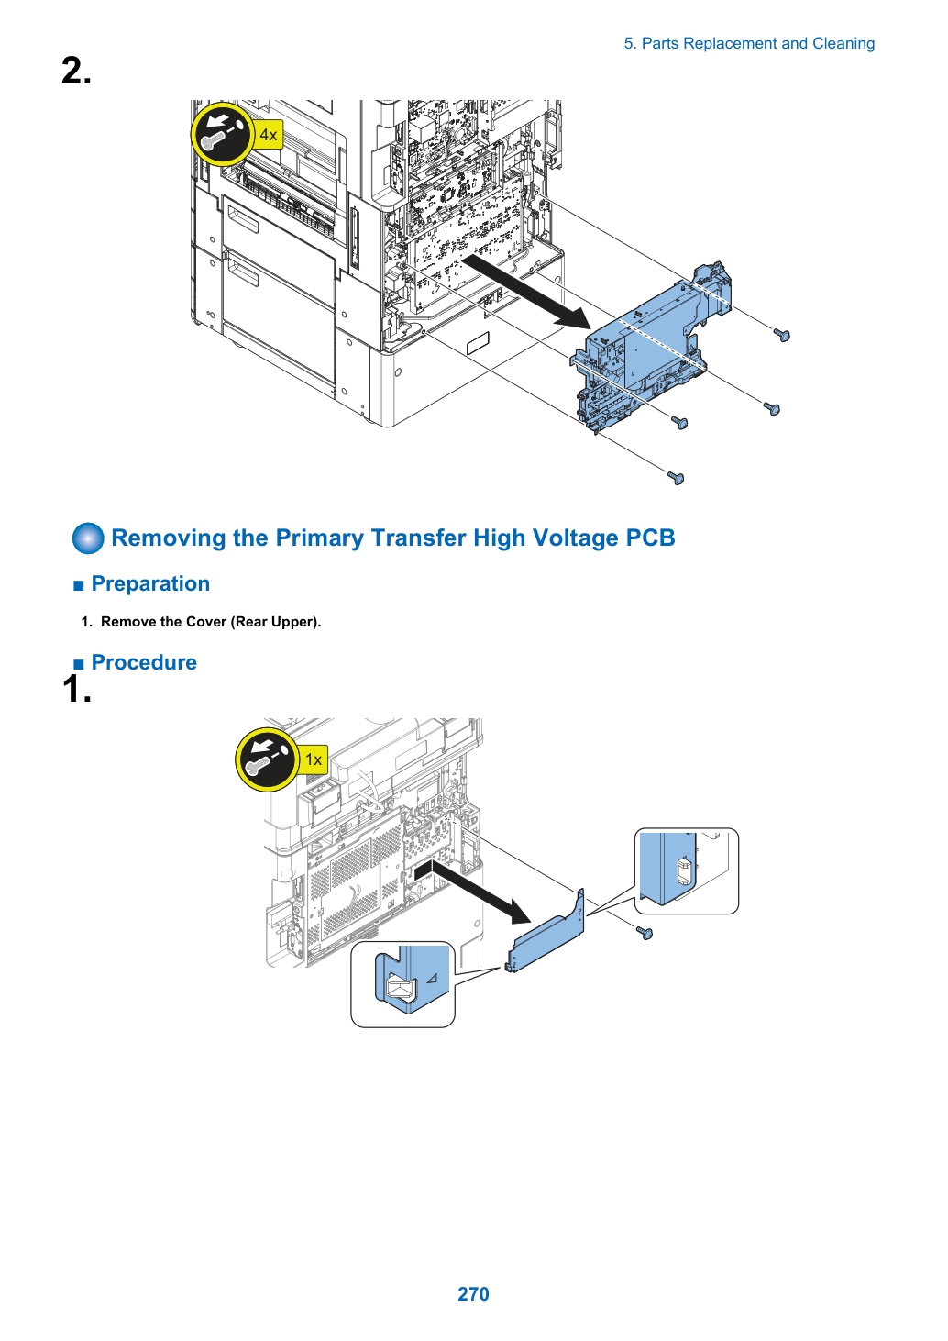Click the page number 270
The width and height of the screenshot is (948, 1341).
coord(473,1293)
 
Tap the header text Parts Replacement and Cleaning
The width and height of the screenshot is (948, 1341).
coord(757,44)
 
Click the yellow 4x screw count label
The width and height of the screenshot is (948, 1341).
coord(268,135)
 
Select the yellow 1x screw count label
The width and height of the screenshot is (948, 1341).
coord(314,759)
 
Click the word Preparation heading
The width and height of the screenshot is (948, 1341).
coord(150,583)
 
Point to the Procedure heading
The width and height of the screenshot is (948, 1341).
coord(144,662)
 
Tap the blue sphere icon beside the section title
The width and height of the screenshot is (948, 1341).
coord(88,538)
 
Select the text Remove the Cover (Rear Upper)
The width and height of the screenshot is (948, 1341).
coord(211,622)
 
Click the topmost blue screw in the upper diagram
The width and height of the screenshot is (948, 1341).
coord(782,336)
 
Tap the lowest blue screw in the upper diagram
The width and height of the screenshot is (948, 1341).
coord(676,478)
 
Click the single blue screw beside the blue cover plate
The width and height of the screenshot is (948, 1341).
coord(645,933)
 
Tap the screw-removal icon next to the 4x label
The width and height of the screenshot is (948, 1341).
coord(222,134)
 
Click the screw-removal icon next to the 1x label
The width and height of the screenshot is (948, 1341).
coord(267,759)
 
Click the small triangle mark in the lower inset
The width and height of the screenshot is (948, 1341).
coord(433,979)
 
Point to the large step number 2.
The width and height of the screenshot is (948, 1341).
coord(76,71)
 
